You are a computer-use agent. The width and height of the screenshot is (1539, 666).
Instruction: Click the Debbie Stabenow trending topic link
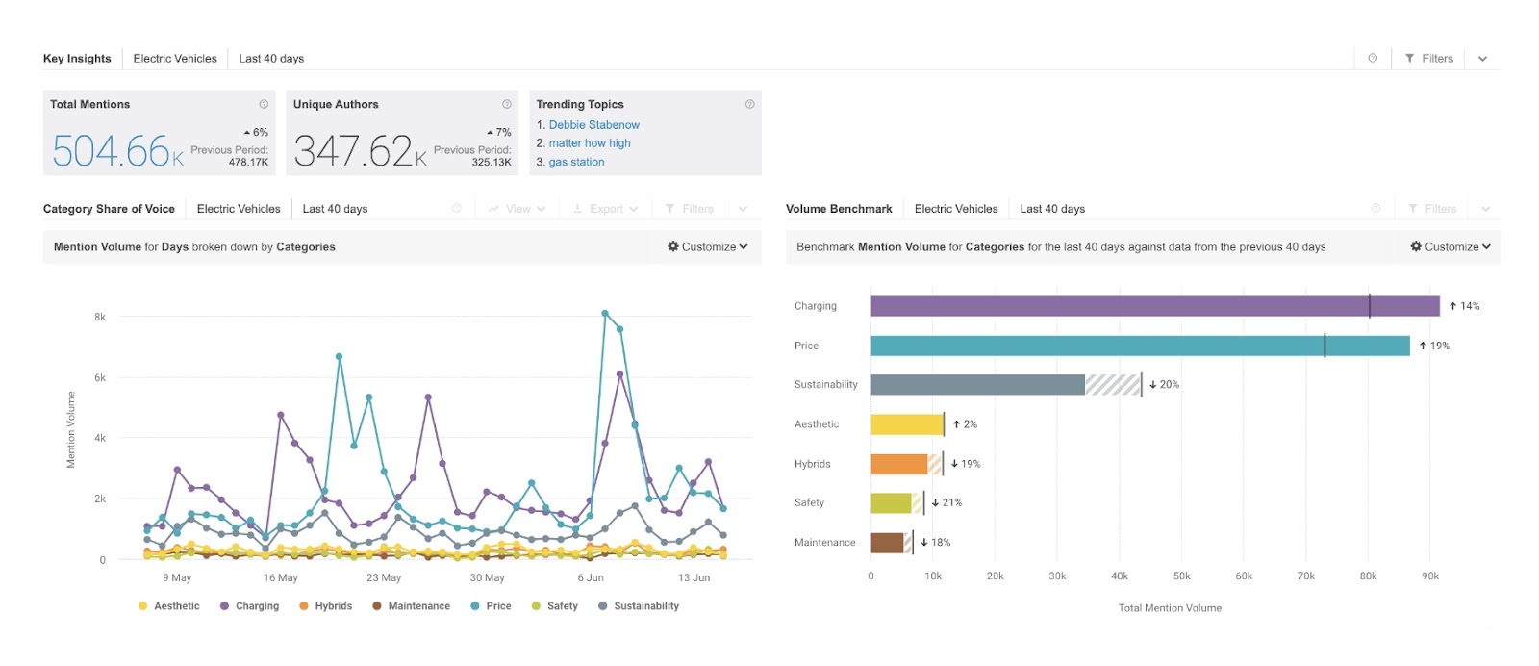coord(593,125)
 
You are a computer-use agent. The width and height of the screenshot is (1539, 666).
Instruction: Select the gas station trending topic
coord(576,163)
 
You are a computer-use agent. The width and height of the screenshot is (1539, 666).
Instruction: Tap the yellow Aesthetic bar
coord(906,424)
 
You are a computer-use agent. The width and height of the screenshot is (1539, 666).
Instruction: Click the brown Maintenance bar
coord(887,543)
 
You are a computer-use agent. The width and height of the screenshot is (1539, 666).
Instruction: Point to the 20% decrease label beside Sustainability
coord(1164,385)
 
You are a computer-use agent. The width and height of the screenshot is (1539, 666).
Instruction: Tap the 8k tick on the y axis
coord(100,317)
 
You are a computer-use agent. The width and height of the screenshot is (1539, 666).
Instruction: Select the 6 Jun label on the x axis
coord(591,578)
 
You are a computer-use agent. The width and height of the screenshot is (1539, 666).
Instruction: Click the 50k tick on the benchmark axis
coord(1181,576)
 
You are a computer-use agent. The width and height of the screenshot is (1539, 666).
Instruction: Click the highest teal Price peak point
coord(605,313)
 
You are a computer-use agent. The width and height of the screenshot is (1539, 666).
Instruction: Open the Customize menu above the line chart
coord(707,247)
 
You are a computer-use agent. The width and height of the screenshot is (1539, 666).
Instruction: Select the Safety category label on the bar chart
coord(809,503)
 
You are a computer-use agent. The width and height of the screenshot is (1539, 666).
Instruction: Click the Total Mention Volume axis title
coord(1170,608)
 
